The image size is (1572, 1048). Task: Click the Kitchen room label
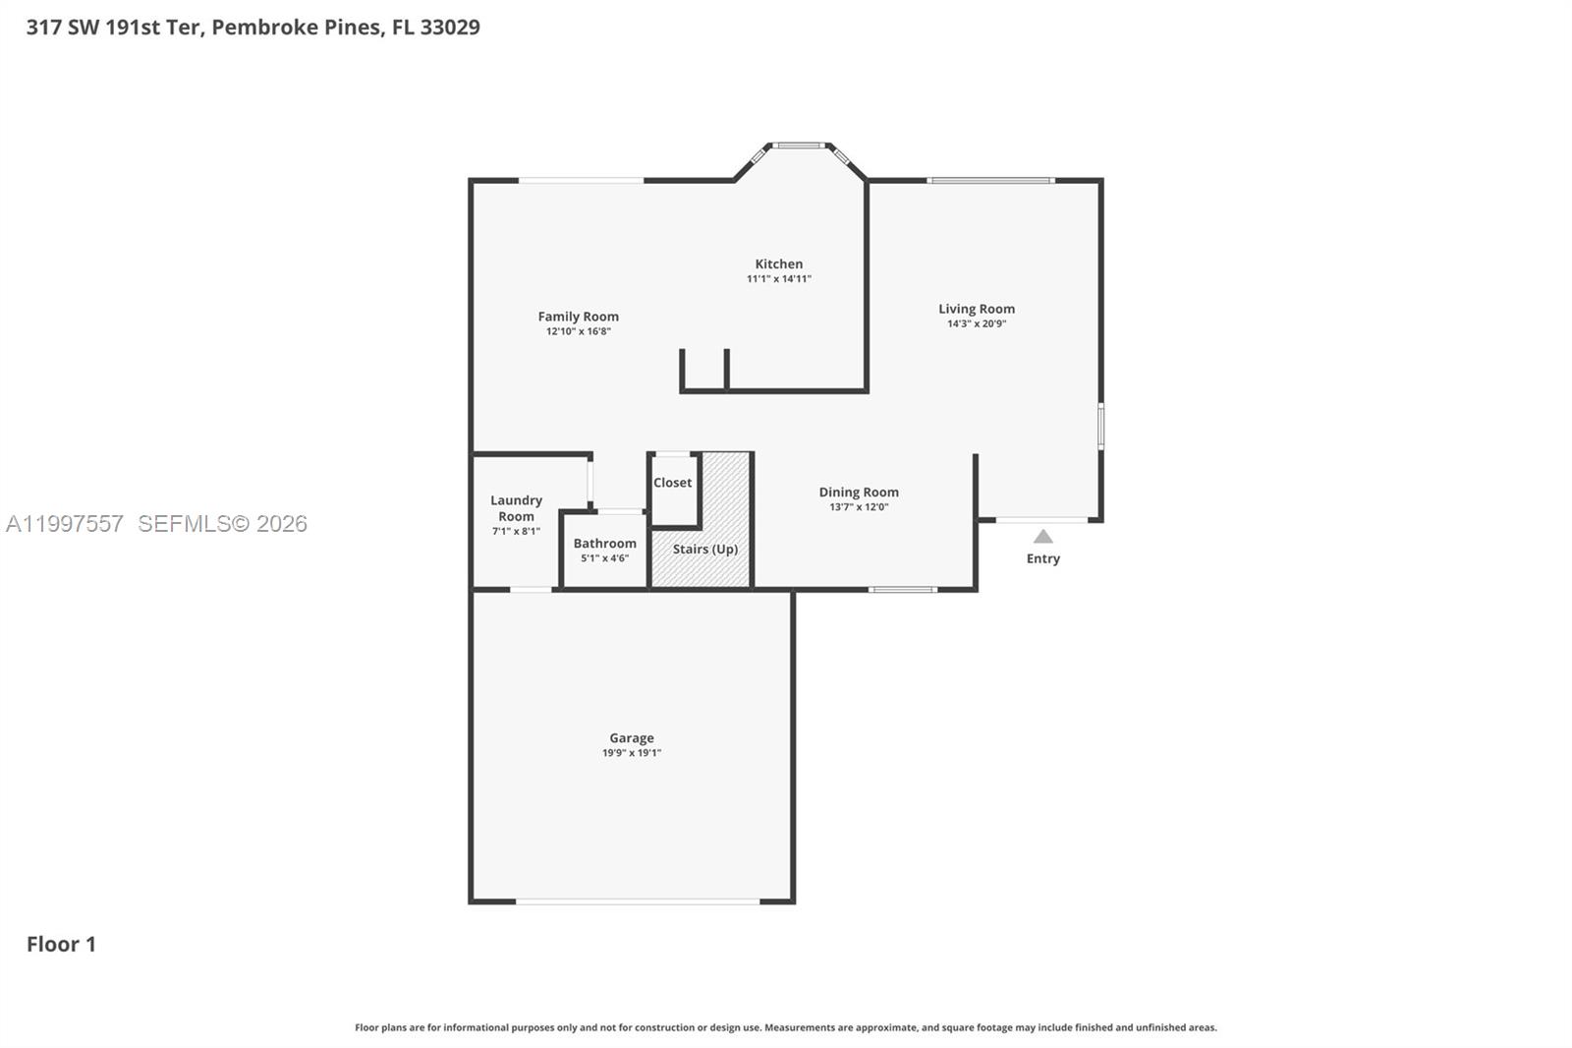point(778,263)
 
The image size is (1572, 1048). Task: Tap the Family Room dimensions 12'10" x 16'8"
point(579,332)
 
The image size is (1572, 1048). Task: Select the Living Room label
point(976,309)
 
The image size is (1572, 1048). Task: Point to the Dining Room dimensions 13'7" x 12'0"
point(859,507)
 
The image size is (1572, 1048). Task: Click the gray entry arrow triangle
point(1043,537)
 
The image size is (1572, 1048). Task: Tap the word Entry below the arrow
point(1043,558)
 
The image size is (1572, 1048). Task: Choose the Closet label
point(673,483)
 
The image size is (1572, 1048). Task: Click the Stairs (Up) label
point(704,550)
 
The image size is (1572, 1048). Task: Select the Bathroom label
point(604,544)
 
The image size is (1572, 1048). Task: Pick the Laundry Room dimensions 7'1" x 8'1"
point(516,532)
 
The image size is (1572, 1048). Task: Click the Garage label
point(631,738)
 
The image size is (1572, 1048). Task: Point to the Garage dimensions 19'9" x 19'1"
point(631,753)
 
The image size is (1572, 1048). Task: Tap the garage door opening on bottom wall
point(638,901)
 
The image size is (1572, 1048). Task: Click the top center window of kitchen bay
point(798,146)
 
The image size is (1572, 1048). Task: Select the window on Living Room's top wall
point(990,181)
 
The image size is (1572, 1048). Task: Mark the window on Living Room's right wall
point(1100,426)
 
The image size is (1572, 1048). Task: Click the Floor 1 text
point(61,944)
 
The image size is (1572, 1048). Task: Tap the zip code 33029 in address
point(450,28)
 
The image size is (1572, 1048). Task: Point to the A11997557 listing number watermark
point(65,524)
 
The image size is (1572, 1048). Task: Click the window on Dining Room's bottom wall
point(903,590)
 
